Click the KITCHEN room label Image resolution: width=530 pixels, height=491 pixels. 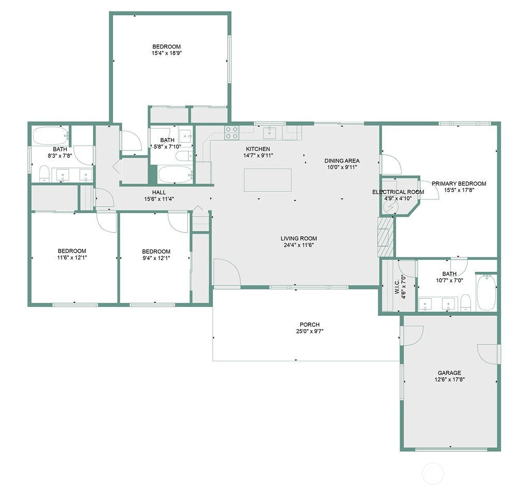tap(258, 149)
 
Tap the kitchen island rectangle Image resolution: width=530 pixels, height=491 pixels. tap(268, 180)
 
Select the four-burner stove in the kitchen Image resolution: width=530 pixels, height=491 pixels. tap(231, 132)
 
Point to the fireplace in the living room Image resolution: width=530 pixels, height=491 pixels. tap(386, 237)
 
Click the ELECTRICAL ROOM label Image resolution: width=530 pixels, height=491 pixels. tap(398, 192)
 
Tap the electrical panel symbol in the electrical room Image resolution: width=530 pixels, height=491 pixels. tap(391, 207)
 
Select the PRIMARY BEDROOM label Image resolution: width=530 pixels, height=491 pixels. tap(459, 183)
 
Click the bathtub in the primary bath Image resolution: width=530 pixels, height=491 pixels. tap(486, 293)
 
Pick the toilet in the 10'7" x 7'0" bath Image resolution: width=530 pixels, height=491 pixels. tap(466, 302)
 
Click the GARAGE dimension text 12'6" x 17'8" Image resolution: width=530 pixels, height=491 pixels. tap(450, 379)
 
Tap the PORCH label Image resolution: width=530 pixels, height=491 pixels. tap(310, 325)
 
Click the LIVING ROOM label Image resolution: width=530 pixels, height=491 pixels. tap(299, 239)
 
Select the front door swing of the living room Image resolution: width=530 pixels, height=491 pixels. tap(227, 272)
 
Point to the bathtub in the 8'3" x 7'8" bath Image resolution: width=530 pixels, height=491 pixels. tap(50, 135)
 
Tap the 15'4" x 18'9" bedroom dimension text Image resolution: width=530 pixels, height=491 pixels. tap(167, 53)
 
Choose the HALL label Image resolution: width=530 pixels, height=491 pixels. tap(159, 192)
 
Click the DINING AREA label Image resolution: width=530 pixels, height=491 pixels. tap(342, 161)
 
